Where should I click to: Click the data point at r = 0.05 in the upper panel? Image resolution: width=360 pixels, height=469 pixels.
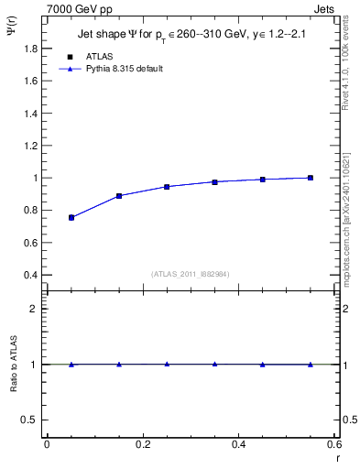click(x=71, y=218)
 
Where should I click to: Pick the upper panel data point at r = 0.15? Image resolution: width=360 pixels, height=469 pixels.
click(x=119, y=196)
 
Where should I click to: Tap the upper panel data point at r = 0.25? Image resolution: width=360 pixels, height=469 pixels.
click(x=167, y=187)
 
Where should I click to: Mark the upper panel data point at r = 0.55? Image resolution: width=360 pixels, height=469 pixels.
click(x=311, y=178)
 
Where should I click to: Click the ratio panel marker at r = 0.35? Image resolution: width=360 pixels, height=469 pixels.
click(x=214, y=364)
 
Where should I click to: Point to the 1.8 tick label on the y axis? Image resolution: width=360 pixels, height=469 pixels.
click(x=29, y=48)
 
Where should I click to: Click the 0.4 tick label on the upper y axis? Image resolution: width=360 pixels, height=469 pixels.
click(x=29, y=275)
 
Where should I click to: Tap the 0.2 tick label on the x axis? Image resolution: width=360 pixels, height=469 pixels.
click(x=142, y=444)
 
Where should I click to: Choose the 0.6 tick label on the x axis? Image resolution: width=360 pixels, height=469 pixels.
click(x=334, y=444)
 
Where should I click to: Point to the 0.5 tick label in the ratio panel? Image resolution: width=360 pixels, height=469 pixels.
click(x=29, y=420)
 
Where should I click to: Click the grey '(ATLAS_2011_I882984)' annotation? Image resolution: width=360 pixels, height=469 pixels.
click(x=190, y=274)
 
